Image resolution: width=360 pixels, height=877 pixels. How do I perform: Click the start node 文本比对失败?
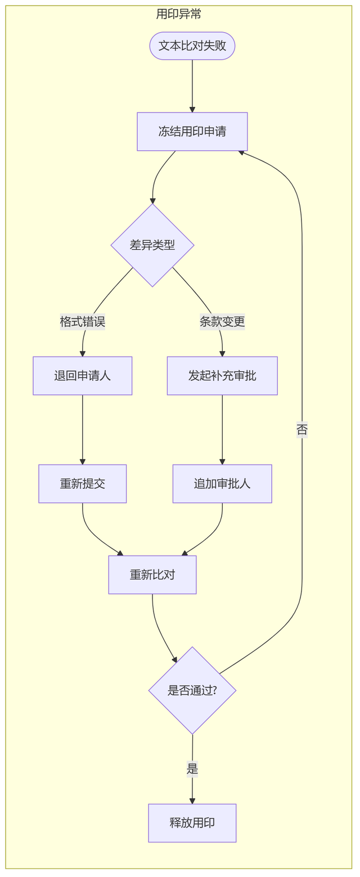(192, 46)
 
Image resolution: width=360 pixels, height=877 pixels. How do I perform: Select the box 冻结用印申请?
(192, 132)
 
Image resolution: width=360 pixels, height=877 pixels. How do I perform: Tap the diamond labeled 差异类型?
(152, 245)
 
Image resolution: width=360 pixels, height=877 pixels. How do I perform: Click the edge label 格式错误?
(83, 322)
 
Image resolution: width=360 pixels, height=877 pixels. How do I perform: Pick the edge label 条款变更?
(222, 322)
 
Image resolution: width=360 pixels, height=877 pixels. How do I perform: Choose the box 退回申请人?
(83, 376)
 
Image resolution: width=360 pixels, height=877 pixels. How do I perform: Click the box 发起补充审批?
(222, 376)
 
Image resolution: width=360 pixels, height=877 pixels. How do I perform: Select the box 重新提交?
(83, 484)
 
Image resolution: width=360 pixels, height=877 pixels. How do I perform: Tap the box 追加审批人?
(222, 484)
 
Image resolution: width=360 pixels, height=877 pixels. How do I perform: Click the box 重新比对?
(152, 575)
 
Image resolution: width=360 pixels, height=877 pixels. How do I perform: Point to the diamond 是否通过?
(192, 690)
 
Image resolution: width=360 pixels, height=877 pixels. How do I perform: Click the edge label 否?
(302, 430)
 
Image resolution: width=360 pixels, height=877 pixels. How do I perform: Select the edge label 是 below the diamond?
(192, 769)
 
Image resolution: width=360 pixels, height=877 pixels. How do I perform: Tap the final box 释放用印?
(192, 823)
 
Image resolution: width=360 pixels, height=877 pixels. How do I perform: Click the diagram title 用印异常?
(179, 14)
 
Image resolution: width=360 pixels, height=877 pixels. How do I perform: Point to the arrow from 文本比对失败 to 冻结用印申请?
(192, 86)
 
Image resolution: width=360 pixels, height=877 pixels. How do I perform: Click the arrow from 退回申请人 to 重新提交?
(83, 430)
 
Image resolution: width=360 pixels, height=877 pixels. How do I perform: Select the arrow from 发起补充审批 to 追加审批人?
(222, 430)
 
